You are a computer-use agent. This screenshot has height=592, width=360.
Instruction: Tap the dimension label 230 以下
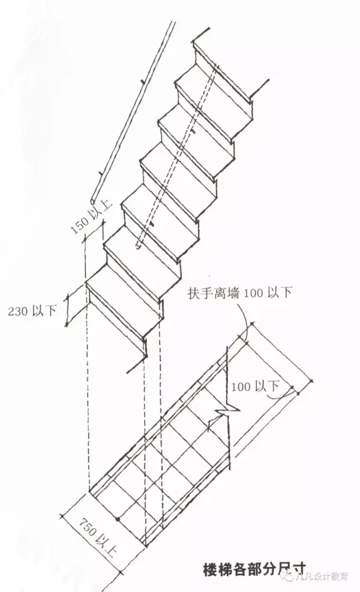32,311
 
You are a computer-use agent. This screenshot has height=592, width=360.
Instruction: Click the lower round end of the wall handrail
91,202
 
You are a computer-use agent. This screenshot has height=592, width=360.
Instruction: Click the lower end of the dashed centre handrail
137,245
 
